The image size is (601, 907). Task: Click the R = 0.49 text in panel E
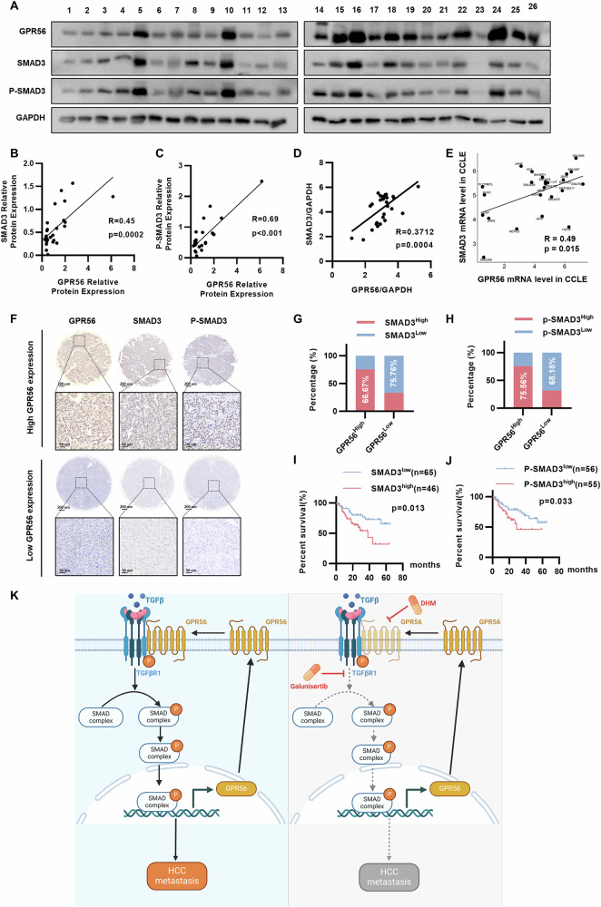(x=564, y=239)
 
